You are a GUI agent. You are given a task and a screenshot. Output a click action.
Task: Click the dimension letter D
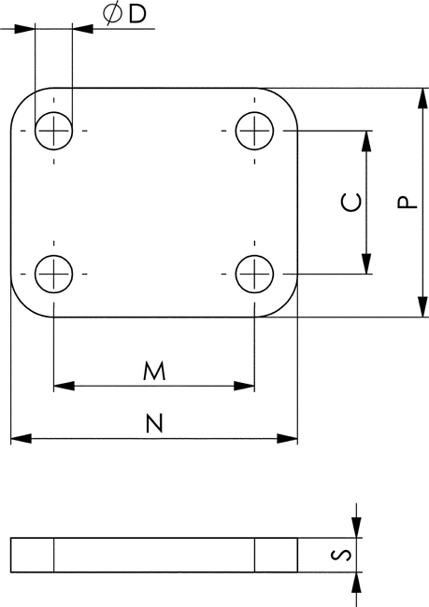coord(137,14)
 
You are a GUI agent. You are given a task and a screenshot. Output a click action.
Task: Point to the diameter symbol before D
coord(112,14)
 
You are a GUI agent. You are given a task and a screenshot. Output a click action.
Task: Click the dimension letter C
coord(351,203)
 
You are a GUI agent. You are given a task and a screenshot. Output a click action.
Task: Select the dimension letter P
coord(408,203)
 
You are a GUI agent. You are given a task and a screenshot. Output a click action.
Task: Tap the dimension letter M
coord(154,371)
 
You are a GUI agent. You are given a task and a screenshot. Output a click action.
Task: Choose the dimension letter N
coord(154,423)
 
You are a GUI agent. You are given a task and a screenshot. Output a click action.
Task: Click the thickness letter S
coord(341,555)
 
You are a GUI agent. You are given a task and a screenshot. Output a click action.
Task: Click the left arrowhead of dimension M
coord(64,386)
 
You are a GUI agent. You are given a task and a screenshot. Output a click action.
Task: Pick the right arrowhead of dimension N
coord(287,439)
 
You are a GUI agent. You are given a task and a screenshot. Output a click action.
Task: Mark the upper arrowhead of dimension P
coord(422,98)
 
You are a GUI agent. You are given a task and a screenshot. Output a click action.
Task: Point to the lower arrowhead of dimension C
coord(366,263)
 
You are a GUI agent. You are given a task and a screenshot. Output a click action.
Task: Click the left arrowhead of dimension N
coord(21,439)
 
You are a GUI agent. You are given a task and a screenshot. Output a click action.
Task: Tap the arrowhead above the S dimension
coord(356,528)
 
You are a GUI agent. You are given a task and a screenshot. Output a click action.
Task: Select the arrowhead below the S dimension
coord(356,583)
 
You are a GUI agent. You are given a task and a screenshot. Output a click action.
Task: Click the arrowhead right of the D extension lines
coord(82,29)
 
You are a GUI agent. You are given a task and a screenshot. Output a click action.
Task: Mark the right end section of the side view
coord(276,555)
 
